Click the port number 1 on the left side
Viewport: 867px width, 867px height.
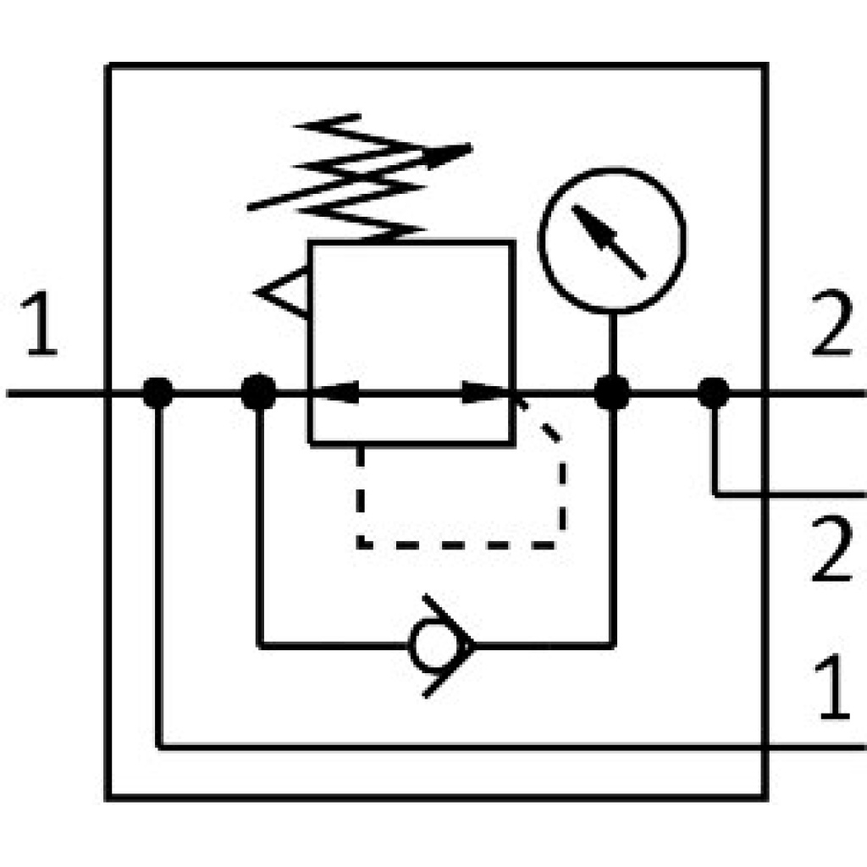(x=41, y=326)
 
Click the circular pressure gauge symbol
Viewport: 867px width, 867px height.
(x=612, y=240)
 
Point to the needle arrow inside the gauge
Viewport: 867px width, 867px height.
(x=608, y=240)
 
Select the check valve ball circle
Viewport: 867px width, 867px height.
(x=428, y=646)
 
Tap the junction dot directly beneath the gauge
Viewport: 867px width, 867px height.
(x=612, y=393)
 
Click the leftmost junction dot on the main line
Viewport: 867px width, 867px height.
(x=157, y=393)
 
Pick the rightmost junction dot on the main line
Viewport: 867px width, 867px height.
(x=714, y=393)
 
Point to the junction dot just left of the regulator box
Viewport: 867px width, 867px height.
(x=258, y=393)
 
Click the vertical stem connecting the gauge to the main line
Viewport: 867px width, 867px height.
(x=612, y=343)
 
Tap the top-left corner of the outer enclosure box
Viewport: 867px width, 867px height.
(x=108, y=66)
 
